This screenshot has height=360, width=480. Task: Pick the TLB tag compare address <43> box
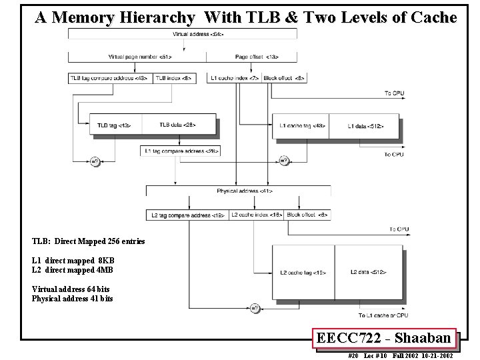coord(109,78)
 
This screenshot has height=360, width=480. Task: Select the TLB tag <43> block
coord(114,125)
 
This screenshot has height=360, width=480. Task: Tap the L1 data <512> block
coord(366,125)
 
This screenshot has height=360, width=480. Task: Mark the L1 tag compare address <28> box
coord(181,151)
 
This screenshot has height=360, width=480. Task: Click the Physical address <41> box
coord(239,191)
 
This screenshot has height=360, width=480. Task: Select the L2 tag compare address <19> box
coord(187,215)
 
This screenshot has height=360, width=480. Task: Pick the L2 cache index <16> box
coord(256,215)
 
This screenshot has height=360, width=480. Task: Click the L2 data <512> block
coord(368,272)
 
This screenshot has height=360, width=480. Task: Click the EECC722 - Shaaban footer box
coord(385,339)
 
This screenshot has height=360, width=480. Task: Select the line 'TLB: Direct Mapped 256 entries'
coord(88,241)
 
